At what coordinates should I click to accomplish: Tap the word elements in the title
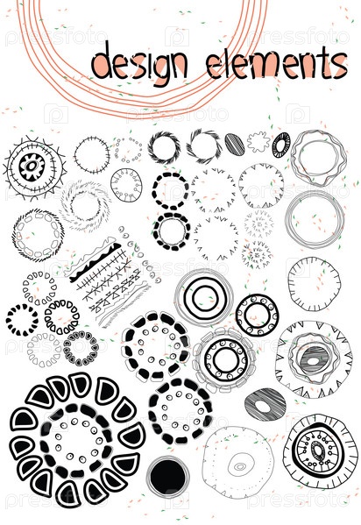(277, 64)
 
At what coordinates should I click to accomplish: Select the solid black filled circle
(167, 477)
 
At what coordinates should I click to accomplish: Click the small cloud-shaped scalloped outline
(258, 142)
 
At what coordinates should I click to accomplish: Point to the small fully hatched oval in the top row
(235, 145)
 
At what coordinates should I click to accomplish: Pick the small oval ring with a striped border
(281, 145)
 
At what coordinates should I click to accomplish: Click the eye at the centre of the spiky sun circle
(32, 166)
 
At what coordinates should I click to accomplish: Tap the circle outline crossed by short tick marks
(92, 154)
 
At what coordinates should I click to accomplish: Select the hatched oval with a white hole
(265, 405)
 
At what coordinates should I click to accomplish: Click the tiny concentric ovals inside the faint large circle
(240, 466)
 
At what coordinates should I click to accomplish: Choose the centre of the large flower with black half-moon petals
(77, 440)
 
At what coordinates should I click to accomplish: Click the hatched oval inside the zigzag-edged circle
(314, 360)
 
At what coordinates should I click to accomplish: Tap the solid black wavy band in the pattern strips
(96, 262)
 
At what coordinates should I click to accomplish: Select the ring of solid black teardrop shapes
(22, 320)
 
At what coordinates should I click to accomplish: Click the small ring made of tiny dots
(129, 149)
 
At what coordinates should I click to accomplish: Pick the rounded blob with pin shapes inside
(126, 185)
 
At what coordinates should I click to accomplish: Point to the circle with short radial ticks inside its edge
(314, 284)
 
